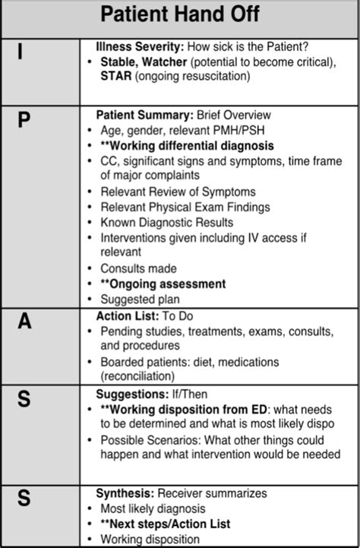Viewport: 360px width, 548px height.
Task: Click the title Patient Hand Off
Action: pyautogui.click(x=180, y=14)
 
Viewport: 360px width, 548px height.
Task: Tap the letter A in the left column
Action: pyautogui.click(x=24, y=322)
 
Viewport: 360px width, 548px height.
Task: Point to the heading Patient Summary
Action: pyautogui.click(x=144, y=116)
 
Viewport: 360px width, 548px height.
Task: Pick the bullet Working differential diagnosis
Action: pyautogui.click(x=187, y=145)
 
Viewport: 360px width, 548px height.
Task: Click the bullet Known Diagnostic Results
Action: pyautogui.click(x=167, y=222)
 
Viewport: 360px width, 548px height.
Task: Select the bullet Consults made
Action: pyautogui.click(x=138, y=268)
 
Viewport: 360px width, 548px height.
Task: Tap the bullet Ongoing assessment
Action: pyautogui.click(x=163, y=284)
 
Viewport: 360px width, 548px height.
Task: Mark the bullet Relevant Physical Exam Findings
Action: pyautogui.click(x=185, y=207)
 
